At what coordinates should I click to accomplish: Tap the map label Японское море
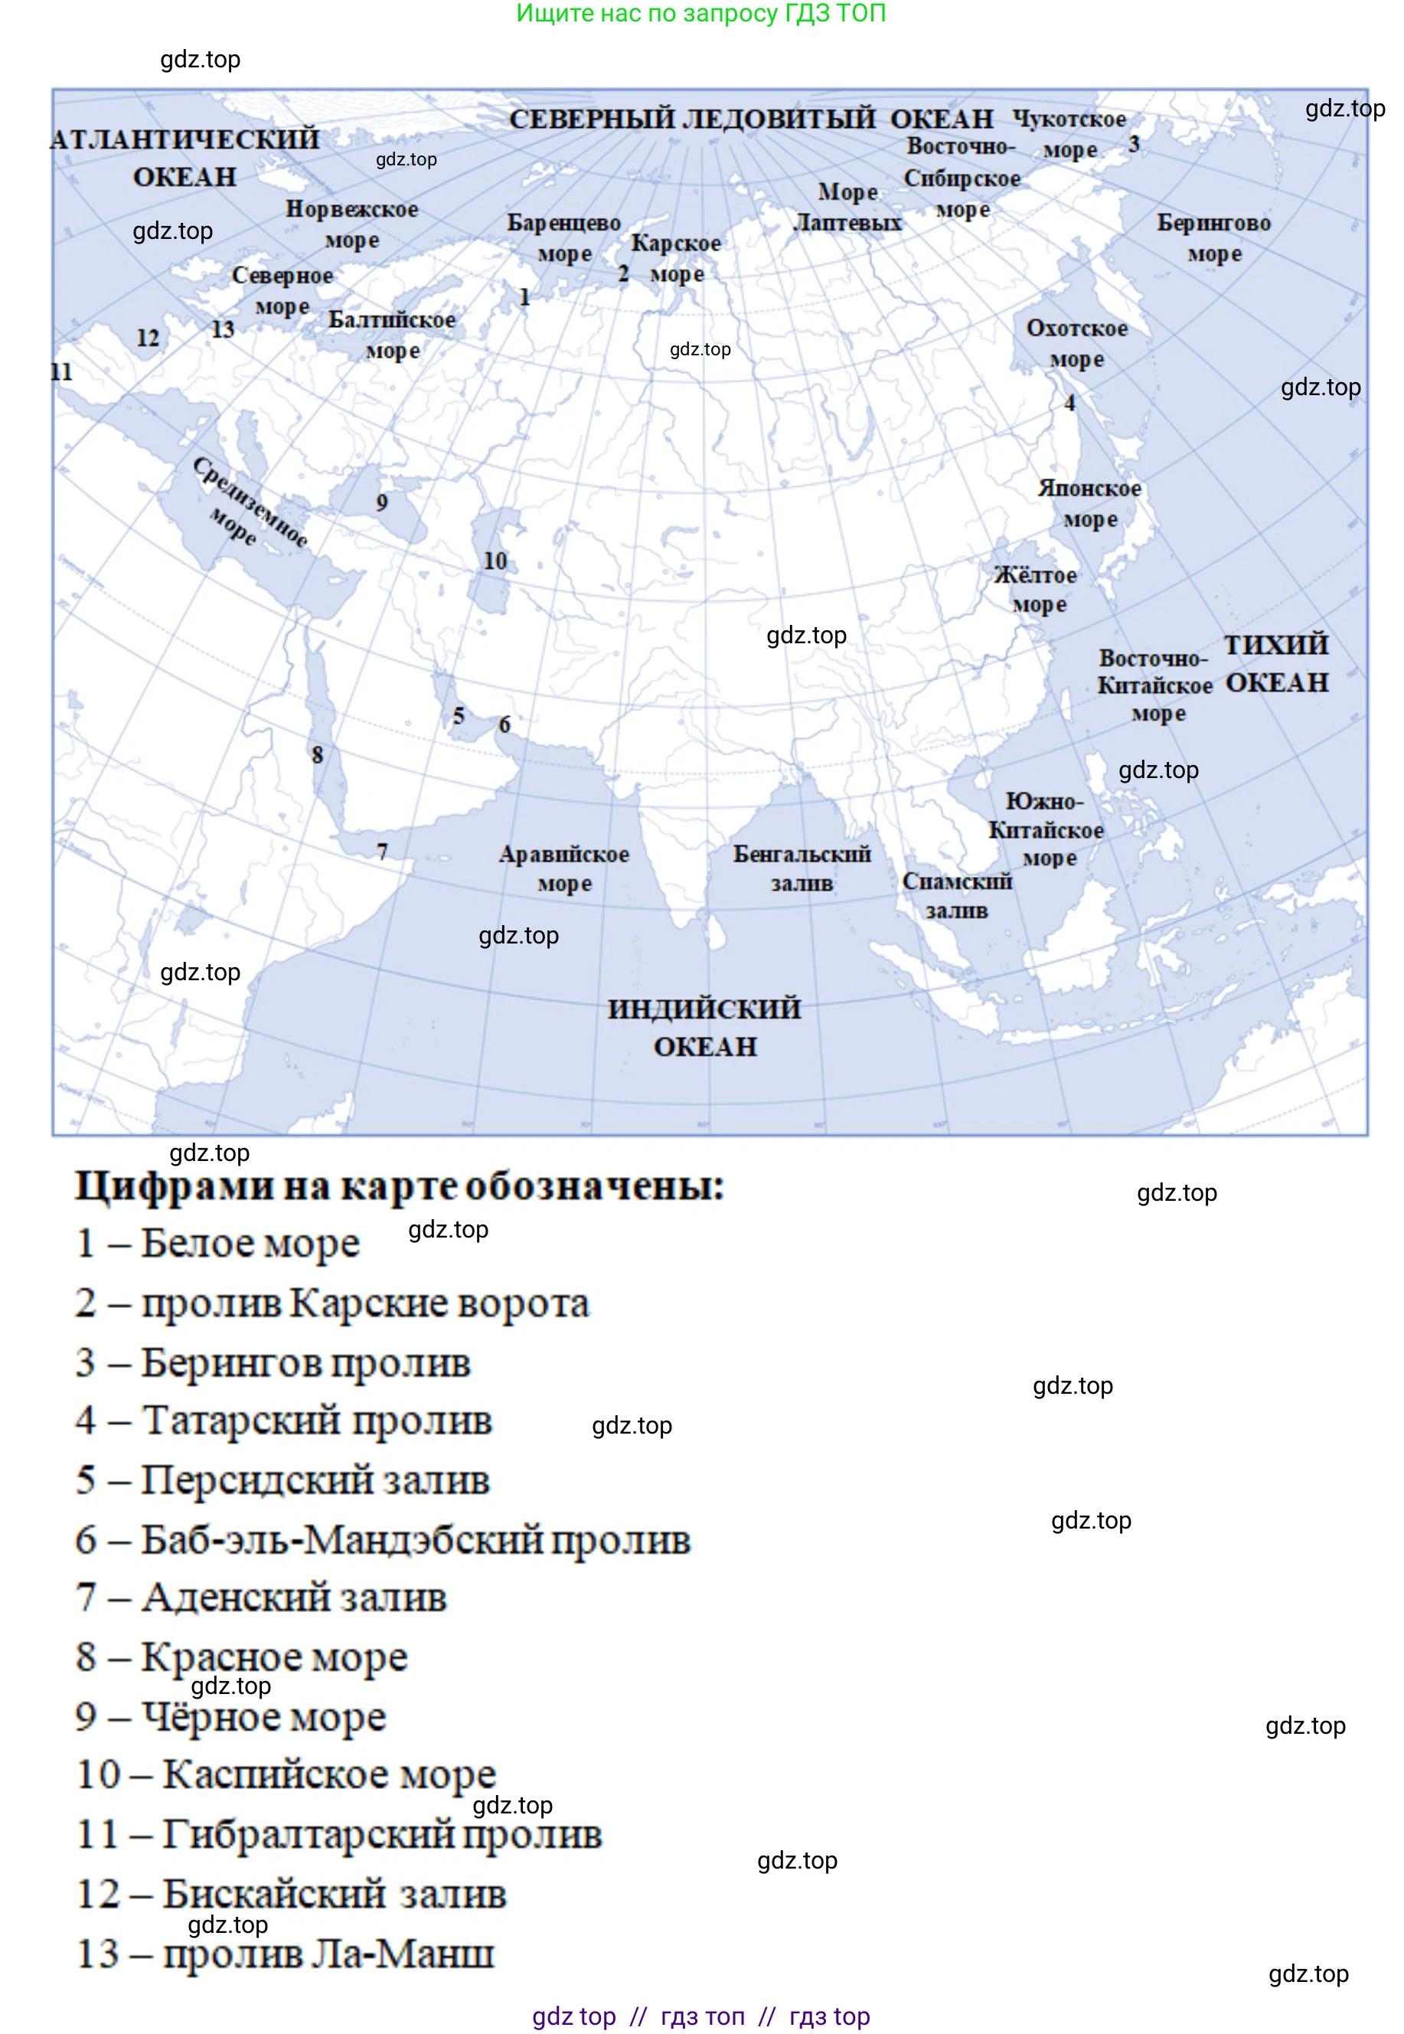pos(1089,503)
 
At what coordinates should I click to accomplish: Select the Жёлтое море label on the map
pos(1036,590)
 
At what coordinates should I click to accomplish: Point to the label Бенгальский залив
pos(802,868)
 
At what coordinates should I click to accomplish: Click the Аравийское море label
pos(564,868)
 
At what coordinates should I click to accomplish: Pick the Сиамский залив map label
pos(956,894)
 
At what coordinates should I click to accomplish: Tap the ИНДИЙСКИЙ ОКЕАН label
pos(704,1027)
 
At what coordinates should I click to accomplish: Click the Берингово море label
pos(1213,237)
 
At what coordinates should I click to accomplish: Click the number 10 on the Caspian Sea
pos(495,561)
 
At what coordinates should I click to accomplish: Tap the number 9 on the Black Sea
pos(382,502)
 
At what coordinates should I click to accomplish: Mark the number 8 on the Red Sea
pos(318,754)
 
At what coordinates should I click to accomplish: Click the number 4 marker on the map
pos(1069,403)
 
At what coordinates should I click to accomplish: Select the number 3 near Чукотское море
pos(1134,143)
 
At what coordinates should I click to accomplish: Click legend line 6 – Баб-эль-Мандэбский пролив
pos(383,1539)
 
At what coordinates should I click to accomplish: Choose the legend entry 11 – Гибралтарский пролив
pos(338,1833)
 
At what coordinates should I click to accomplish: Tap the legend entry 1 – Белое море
pos(217,1242)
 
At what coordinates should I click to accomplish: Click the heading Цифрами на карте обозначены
pos(400,1185)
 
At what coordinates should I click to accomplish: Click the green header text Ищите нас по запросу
pos(700,13)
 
